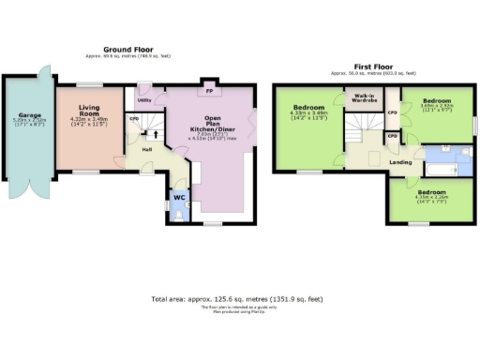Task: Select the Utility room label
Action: click(x=144, y=99)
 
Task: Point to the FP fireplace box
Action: click(x=210, y=92)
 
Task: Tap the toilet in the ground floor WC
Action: click(x=178, y=215)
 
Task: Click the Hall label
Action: click(x=147, y=149)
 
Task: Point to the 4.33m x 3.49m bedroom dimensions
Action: click(x=307, y=116)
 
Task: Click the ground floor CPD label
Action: click(x=134, y=119)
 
